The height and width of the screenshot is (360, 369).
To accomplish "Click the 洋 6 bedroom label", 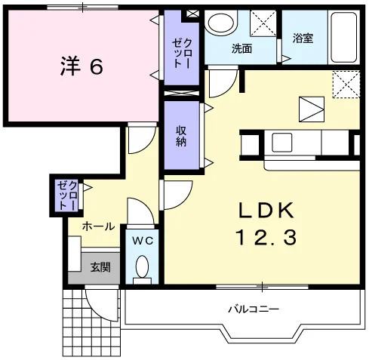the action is click(81, 66).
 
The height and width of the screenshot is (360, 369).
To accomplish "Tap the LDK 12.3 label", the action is click(266, 224).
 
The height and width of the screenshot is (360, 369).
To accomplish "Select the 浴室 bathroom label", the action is click(303, 38).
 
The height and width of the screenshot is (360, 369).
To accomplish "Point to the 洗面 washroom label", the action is click(241, 48).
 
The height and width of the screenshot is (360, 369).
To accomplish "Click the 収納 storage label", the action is click(181, 136).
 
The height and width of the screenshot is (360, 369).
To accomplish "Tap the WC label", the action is click(143, 241).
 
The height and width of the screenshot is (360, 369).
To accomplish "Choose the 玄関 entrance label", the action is click(100, 267).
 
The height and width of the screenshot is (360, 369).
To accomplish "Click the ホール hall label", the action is click(98, 226).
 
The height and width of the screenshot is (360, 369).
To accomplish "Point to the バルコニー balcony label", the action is click(254, 309).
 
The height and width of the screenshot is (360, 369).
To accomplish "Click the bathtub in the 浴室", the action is click(344, 38).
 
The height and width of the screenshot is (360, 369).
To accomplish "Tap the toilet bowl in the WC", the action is click(142, 266).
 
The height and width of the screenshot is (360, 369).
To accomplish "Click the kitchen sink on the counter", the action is click(282, 143).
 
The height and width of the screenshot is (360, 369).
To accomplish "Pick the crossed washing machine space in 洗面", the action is click(263, 23).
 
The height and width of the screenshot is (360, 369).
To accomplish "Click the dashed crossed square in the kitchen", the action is click(346, 85).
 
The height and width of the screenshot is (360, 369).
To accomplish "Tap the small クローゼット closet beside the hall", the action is click(67, 195).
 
